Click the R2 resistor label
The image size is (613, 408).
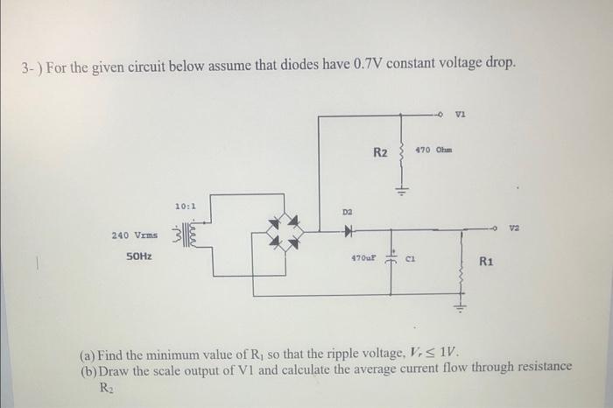pos(381,153)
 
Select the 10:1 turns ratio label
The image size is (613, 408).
pos(186,206)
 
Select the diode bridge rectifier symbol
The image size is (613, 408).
pos(283,232)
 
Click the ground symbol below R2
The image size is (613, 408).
pos(402,193)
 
